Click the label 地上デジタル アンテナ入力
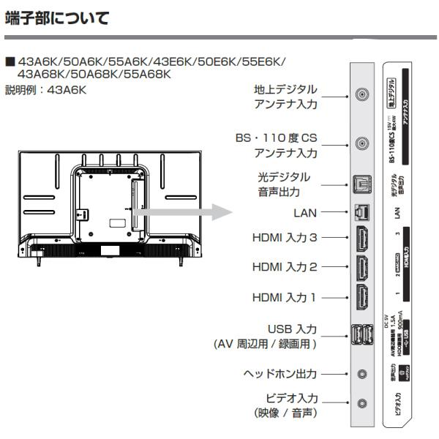(285, 97)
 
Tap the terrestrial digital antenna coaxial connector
(361, 95)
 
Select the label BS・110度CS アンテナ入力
(285, 145)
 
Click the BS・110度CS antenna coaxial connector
(361, 144)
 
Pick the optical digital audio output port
(361, 184)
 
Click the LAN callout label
(304, 212)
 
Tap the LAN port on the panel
(361, 212)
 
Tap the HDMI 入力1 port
(361, 299)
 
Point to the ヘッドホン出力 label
(279, 375)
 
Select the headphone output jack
(361, 374)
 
